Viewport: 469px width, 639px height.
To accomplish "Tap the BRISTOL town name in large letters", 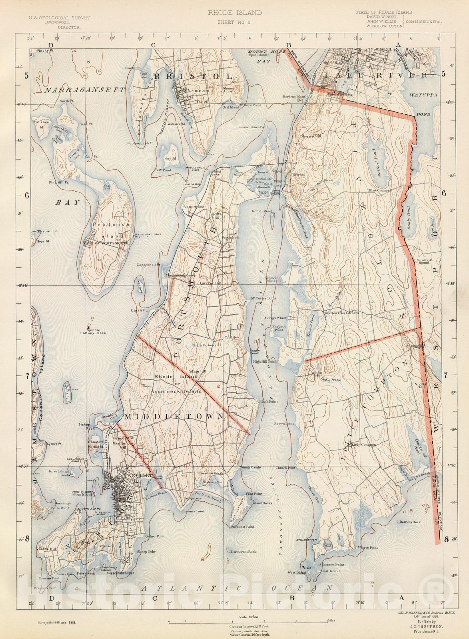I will [x=194, y=76].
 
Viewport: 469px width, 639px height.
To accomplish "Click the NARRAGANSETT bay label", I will [x=85, y=90].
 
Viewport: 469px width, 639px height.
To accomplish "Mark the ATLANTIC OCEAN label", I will [x=237, y=588].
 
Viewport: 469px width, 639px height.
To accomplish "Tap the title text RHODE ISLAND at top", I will [x=235, y=13].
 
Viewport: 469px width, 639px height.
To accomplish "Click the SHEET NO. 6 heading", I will [x=234, y=22].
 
